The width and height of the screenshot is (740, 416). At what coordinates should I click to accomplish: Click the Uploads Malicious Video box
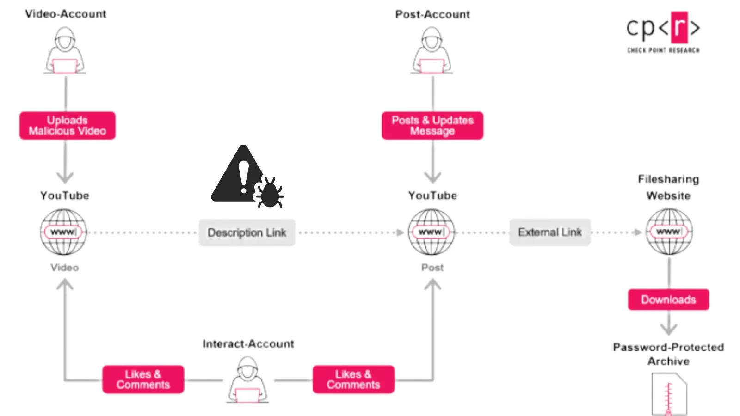(67, 125)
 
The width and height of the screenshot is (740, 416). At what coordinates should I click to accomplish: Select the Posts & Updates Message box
(432, 125)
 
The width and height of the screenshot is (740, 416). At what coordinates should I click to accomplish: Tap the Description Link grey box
(247, 232)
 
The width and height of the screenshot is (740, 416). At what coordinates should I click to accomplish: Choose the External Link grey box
(549, 232)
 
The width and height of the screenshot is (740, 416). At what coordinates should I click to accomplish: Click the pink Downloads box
(668, 300)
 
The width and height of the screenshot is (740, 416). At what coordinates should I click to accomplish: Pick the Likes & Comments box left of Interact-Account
(143, 379)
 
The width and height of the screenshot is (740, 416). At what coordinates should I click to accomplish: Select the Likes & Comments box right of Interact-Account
(353, 379)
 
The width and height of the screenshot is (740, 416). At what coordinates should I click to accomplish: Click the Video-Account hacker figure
(65, 51)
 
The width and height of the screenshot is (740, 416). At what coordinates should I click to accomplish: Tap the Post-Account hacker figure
(432, 51)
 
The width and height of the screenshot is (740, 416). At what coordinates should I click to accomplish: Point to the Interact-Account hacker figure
(248, 380)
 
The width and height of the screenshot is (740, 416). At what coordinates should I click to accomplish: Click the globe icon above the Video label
(63, 232)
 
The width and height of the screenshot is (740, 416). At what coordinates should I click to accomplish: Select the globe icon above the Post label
(431, 232)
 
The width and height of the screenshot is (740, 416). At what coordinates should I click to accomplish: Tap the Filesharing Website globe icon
(669, 232)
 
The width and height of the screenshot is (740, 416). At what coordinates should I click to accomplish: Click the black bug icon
(270, 192)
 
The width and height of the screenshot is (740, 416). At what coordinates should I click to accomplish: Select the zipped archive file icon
(669, 394)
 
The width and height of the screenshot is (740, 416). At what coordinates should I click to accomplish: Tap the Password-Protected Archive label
(668, 354)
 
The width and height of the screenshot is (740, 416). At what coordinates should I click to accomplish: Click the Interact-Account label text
(248, 344)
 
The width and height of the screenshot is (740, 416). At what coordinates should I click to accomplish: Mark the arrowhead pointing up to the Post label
(432, 284)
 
